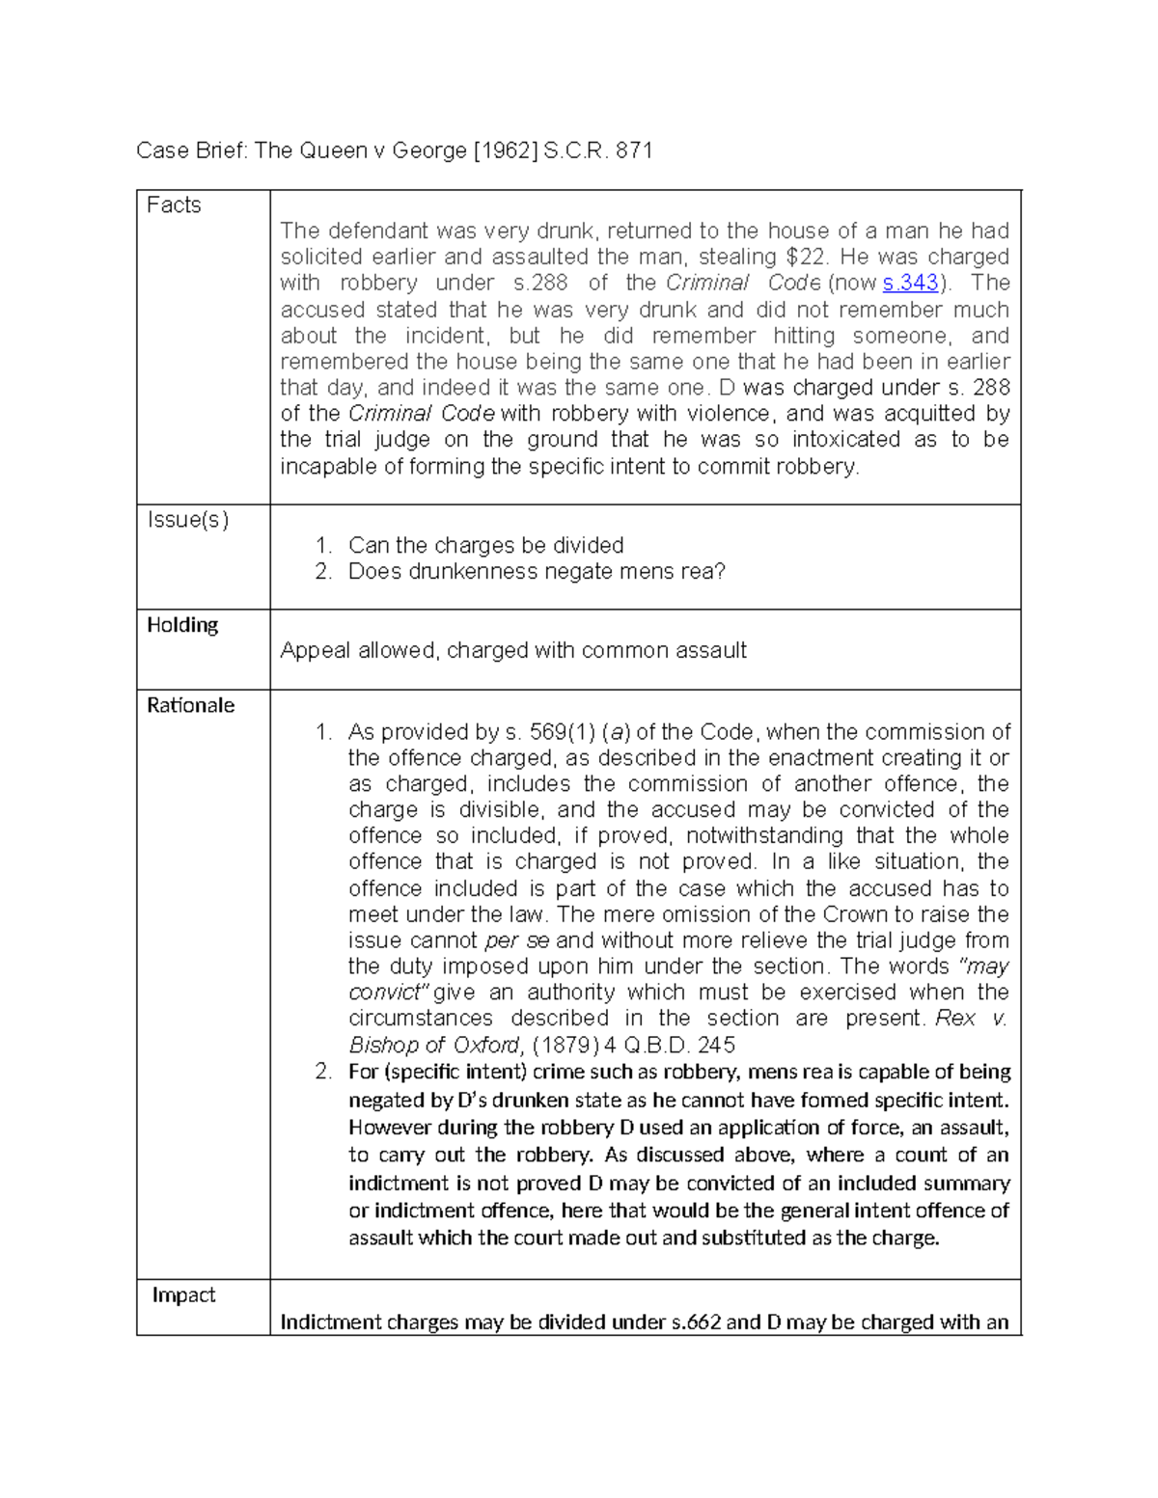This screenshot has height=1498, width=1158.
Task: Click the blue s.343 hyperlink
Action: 909,284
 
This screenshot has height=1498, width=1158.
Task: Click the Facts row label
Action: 174,205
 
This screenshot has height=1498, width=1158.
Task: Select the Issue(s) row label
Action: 187,520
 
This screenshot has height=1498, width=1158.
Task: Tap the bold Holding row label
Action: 182,625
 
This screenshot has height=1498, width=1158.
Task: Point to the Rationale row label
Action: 190,705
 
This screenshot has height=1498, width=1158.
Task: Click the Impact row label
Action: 183,1295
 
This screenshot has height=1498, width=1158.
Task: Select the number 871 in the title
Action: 634,150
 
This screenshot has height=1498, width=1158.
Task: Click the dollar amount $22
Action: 805,258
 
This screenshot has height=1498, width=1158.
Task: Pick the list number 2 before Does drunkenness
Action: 323,572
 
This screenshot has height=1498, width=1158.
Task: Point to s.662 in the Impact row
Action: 695,1322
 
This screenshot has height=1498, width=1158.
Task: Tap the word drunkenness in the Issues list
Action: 473,572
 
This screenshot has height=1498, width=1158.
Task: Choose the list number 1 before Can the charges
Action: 323,546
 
